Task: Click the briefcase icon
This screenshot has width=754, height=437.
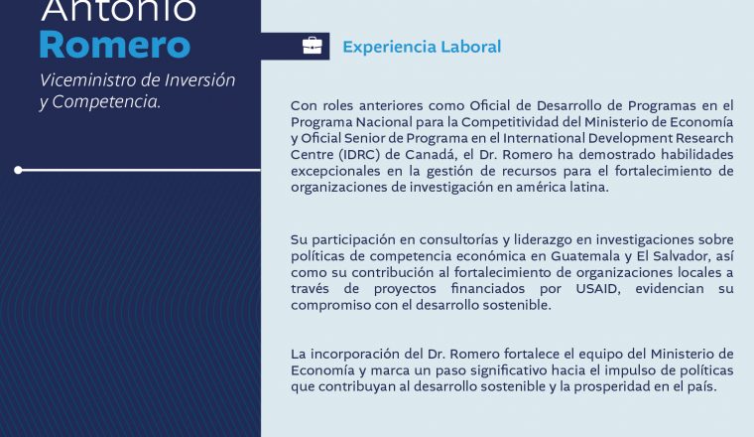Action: (313, 46)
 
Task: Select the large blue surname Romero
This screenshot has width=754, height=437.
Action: (115, 45)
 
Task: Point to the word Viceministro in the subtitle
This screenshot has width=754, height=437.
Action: (85, 79)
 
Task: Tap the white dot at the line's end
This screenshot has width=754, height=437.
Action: (18, 170)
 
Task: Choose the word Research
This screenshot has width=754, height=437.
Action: (704, 138)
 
